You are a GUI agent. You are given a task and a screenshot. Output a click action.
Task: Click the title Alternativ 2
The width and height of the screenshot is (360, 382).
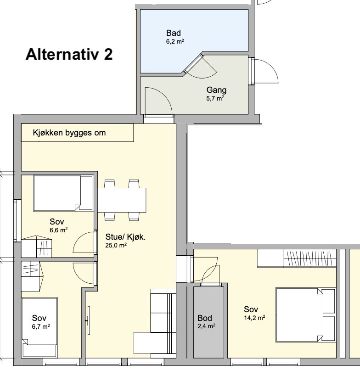point(69,54)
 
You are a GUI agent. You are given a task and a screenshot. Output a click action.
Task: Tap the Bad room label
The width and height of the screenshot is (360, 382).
point(174,33)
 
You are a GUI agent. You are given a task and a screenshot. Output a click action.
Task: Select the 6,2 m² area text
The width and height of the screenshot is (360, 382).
point(175,41)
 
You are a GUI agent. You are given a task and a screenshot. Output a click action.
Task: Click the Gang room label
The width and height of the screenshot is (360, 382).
point(216,90)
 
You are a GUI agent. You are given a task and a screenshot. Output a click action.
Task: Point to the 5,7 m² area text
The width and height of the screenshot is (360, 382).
point(215,98)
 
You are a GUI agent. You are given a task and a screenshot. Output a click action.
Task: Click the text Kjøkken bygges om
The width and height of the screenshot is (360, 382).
point(69,133)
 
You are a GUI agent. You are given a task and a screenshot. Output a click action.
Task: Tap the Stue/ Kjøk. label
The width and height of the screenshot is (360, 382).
point(125,237)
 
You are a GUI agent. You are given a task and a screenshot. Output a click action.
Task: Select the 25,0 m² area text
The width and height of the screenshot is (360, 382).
point(116,245)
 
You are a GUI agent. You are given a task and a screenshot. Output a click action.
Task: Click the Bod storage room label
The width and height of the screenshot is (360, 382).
point(205,318)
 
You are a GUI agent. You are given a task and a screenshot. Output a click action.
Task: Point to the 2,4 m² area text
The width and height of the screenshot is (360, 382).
point(206,326)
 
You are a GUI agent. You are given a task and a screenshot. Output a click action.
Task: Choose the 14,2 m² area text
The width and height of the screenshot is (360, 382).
point(254,318)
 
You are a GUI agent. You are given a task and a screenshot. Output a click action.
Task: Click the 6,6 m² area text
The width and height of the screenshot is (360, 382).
point(59,230)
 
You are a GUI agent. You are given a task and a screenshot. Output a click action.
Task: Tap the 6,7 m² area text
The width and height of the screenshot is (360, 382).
point(41,326)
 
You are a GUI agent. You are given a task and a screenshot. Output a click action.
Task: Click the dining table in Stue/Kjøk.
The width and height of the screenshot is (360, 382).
point(122,200)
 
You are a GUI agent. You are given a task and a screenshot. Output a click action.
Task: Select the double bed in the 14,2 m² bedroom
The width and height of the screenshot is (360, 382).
point(305,315)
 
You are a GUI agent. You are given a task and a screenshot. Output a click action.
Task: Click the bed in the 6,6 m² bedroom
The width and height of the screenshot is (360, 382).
point(63,193)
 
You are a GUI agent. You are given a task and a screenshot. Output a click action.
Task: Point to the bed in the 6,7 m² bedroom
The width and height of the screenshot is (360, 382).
point(39,327)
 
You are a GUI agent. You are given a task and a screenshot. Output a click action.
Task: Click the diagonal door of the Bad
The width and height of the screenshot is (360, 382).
point(193,63)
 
